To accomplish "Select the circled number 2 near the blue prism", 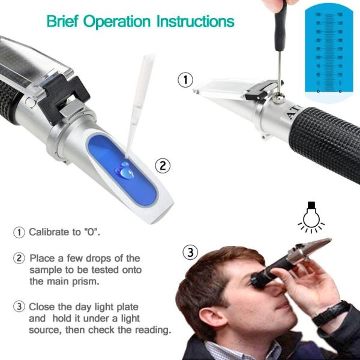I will point(161,164).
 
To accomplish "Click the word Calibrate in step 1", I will point(50,232).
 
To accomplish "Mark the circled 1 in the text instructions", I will point(20,232).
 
